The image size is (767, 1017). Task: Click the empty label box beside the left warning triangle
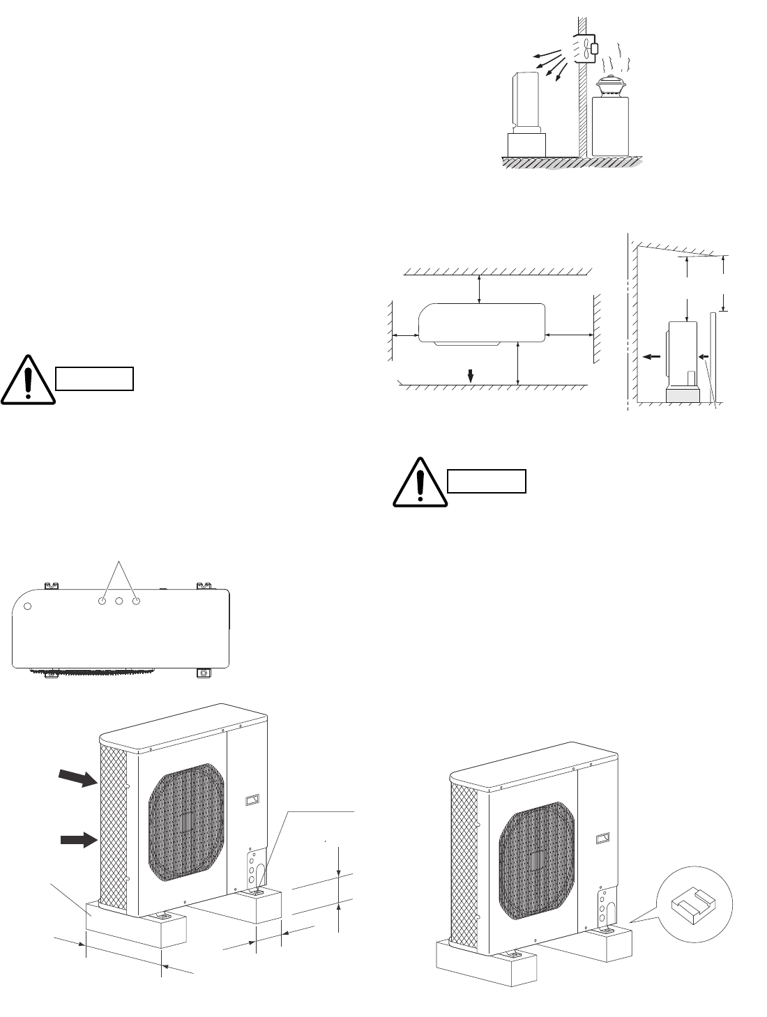click(94, 378)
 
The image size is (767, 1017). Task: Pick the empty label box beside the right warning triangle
click(486, 481)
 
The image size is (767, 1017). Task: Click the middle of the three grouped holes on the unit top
click(119, 600)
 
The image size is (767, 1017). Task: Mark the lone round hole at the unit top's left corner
click(28, 606)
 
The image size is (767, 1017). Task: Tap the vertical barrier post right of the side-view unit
click(712, 356)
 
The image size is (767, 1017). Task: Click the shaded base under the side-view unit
click(683, 395)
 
